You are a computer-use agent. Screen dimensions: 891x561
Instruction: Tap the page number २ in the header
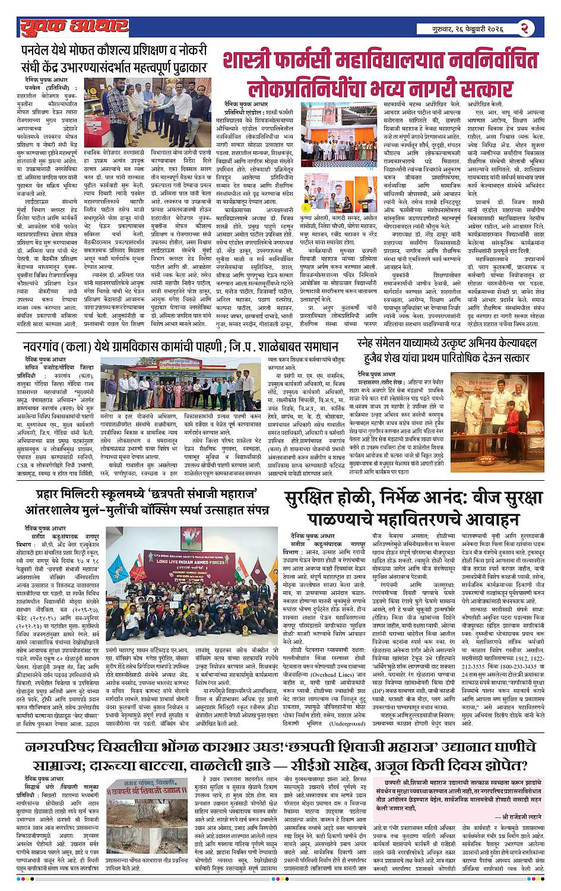click(x=525, y=27)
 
